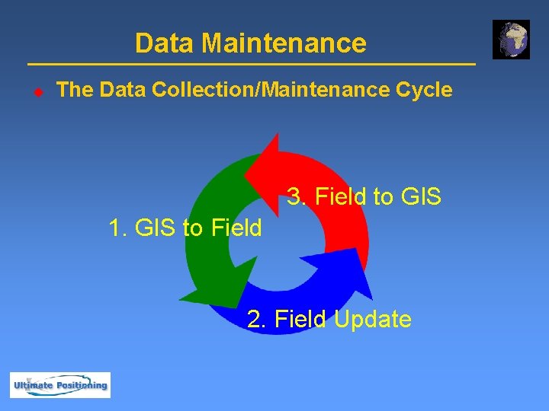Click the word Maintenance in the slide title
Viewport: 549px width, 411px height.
point(284,43)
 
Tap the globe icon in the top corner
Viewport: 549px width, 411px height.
point(510,40)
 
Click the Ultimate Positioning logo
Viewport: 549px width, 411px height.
point(60,385)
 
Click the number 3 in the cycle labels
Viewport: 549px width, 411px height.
point(295,197)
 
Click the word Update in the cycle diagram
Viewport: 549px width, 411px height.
point(372,319)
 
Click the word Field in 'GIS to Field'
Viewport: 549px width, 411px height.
point(236,228)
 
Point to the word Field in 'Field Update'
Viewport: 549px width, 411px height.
point(300,319)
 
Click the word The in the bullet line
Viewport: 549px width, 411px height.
point(75,90)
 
